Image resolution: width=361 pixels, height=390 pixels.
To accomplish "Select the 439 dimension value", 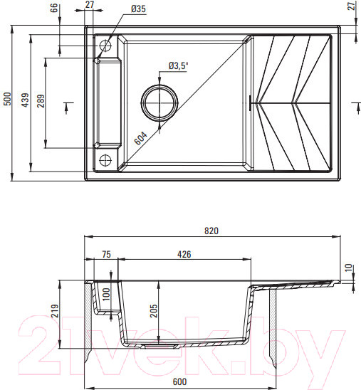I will coord(24,99).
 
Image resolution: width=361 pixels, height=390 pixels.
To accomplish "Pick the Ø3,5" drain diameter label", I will coord(177,66).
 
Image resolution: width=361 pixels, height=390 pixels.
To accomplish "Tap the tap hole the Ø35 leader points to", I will coord(106,46).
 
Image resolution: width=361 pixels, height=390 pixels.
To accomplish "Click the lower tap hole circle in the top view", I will coord(106,159).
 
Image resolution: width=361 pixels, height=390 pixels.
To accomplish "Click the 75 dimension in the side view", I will coord(106,253).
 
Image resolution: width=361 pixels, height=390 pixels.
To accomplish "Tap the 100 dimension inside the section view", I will coord(106,293).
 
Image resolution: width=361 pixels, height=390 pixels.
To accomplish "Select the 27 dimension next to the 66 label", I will coord(89,5).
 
